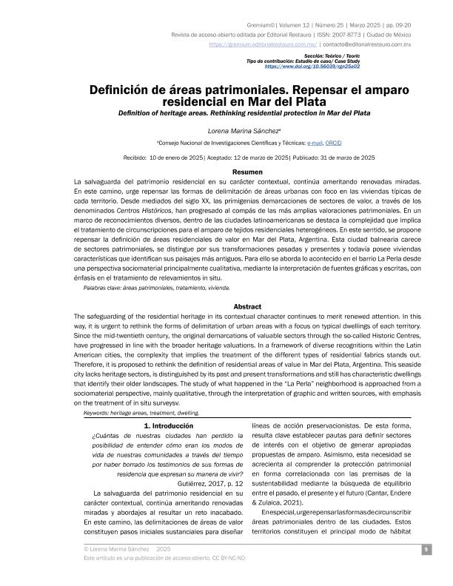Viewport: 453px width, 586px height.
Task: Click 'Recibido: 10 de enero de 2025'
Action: [161, 157]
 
